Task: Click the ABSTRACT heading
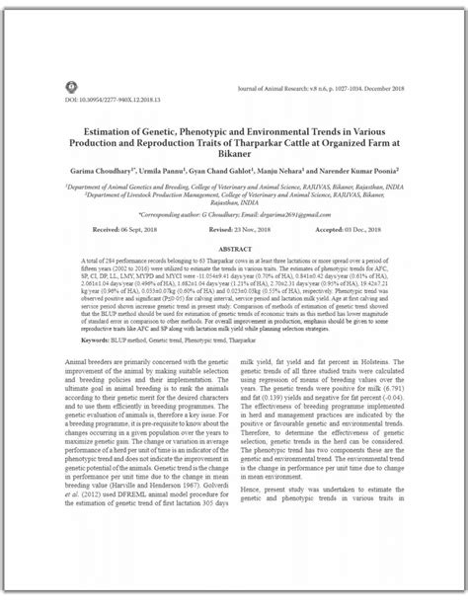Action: tap(233, 250)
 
